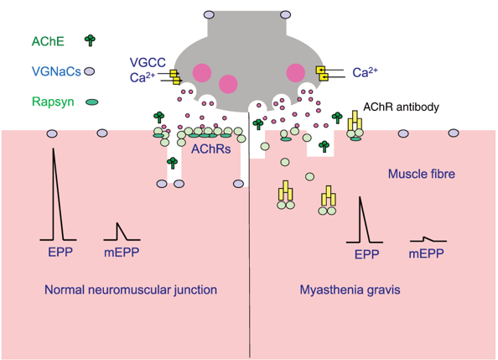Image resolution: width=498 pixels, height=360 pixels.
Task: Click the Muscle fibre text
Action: click(x=421, y=174)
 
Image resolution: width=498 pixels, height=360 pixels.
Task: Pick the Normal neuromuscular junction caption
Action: click(x=131, y=290)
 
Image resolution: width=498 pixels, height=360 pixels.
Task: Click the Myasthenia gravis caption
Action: click(x=350, y=290)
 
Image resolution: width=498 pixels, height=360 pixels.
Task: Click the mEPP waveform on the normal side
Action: click(x=120, y=229)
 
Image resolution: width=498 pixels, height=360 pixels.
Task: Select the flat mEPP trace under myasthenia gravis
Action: click(x=427, y=239)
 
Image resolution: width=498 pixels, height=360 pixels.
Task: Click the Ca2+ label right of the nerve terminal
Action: click(x=364, y=73)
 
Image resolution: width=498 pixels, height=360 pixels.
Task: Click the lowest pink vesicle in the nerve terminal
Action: click(x=228, y=83)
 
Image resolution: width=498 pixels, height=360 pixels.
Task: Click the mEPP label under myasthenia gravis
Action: click(x=426, y=253)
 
